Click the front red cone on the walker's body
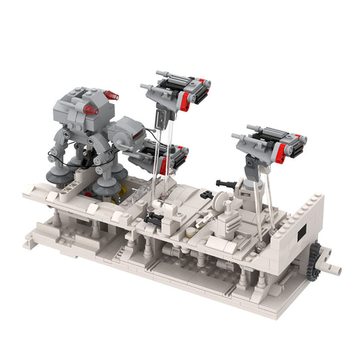[89, 110]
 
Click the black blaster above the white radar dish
[226, 183]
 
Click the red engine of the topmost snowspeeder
[185, 101]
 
